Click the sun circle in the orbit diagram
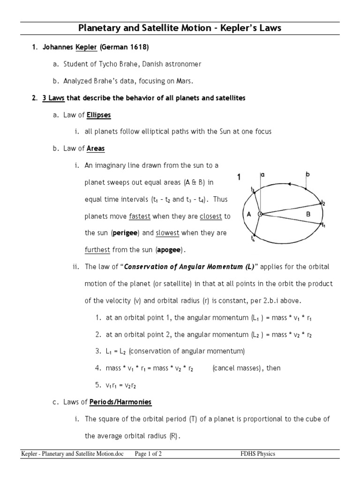point(260,214)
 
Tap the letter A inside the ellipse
point(249,214)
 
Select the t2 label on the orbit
point(322,203)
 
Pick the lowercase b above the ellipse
point(307,174)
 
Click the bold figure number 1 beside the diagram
point(239,178)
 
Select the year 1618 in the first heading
point(139,47)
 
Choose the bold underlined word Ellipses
point(99,115)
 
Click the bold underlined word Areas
point(96,149)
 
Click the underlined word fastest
point(140,216)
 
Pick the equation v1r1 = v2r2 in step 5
point(121,385)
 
